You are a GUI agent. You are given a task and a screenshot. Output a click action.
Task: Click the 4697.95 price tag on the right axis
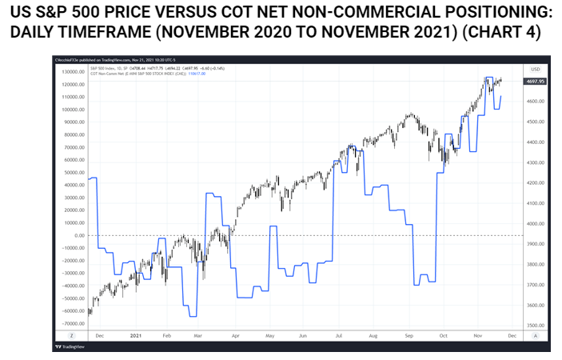click(533, 81)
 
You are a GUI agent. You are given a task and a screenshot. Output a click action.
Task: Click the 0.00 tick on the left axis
click(78, 235)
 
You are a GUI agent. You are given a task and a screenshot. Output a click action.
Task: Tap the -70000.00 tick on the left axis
click(70, 323)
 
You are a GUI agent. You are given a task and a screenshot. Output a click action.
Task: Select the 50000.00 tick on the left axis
click(71, 172)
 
